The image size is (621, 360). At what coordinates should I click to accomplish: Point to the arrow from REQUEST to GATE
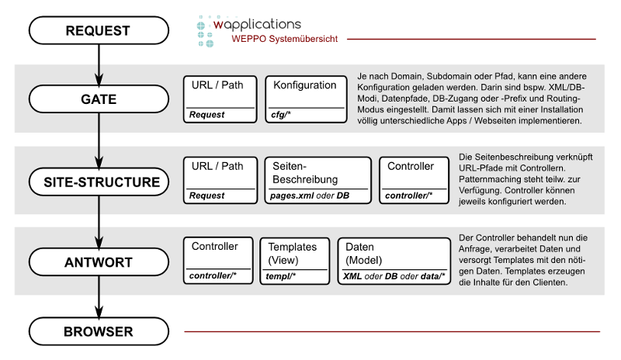tap(99, 64)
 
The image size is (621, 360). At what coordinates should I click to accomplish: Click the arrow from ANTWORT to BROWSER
tap(99, 297)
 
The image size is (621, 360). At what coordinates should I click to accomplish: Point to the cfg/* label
tap(281, 115)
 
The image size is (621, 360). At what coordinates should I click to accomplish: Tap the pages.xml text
tap(292, 196)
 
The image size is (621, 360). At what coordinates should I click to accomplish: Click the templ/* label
tap(281, 276)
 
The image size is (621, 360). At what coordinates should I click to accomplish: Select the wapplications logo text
tap(257, 24)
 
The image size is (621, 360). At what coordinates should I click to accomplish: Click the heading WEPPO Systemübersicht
tap(285, 39)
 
